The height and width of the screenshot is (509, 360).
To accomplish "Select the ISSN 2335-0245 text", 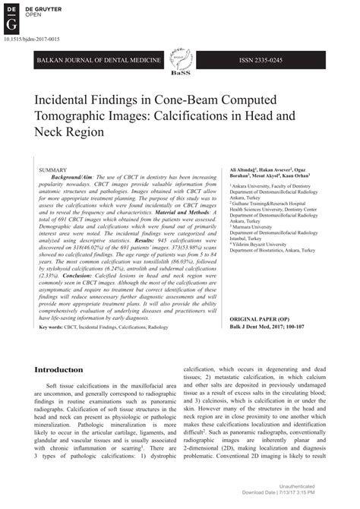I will [x=280, y=58].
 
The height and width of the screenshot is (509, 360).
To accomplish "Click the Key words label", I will [x=52, y=327].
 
